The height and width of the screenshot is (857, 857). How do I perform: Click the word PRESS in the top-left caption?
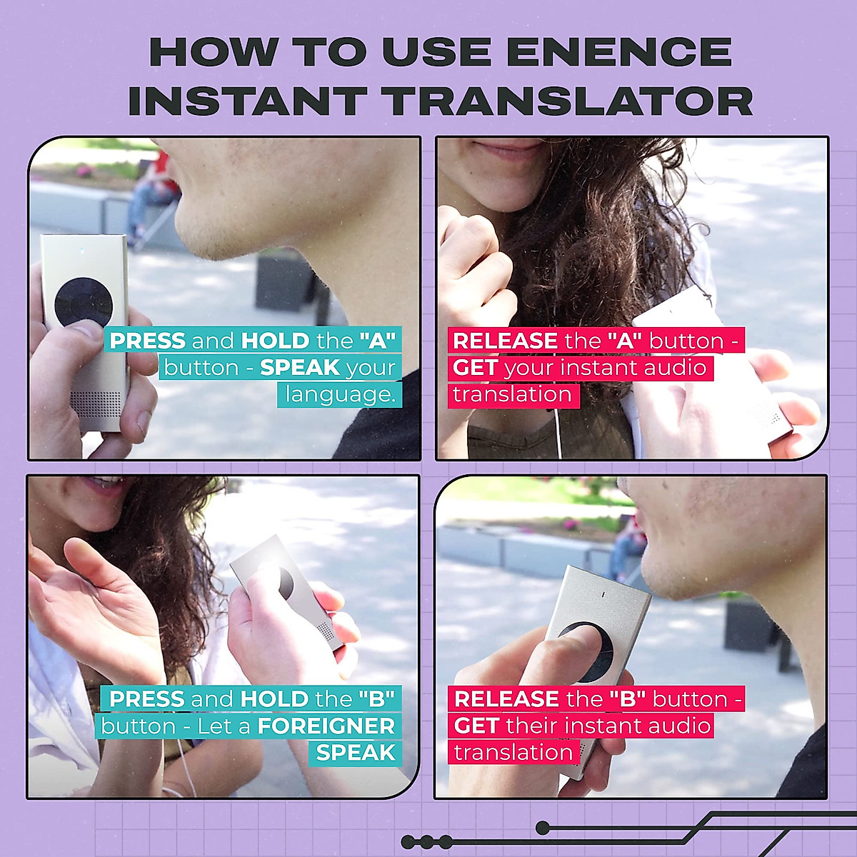coord(147,341)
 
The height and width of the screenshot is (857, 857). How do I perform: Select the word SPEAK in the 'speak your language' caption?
coord(300,368)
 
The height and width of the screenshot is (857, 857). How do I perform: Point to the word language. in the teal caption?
coord(341,394)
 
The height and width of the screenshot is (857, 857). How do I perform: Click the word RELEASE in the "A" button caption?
coord(506,341)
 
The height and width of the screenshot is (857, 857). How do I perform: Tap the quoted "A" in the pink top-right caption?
coord(626,341)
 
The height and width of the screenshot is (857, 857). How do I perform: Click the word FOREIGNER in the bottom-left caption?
coord(326,726)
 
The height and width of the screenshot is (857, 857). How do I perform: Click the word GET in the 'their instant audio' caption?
coord(476,726)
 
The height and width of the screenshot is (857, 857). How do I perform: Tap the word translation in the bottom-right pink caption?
coord(513,753)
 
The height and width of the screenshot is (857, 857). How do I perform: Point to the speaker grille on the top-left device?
coord(97,404)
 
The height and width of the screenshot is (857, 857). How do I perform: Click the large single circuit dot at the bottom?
coord(543,828)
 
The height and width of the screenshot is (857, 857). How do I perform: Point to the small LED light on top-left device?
coord(84,251)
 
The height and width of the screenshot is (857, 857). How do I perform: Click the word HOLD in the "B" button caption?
coord(275,698)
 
